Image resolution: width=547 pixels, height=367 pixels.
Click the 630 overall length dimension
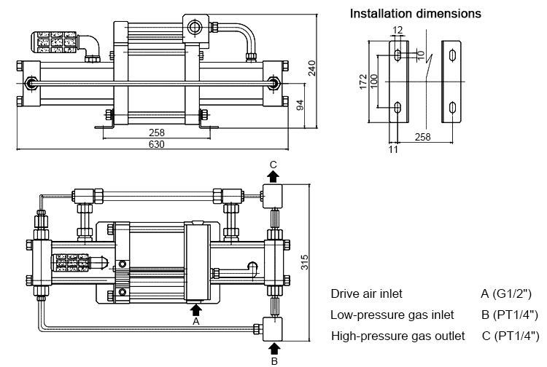[157, 144]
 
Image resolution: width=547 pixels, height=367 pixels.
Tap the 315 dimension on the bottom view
[303, 260]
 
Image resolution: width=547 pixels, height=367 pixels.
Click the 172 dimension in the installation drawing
[363, 80]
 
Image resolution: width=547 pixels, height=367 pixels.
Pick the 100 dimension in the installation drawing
[373, 80]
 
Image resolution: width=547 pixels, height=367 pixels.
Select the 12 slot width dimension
[397, 31]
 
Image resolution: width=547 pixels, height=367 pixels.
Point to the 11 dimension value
[394, 149]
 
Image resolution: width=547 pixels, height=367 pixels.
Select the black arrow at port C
[273, 177]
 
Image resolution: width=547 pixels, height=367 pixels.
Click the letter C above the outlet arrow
[273, 165]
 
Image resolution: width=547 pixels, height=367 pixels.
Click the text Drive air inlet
[366, 294]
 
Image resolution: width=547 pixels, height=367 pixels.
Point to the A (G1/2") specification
[506, 294]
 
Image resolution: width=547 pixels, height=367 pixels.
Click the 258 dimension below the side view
[157, 133]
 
